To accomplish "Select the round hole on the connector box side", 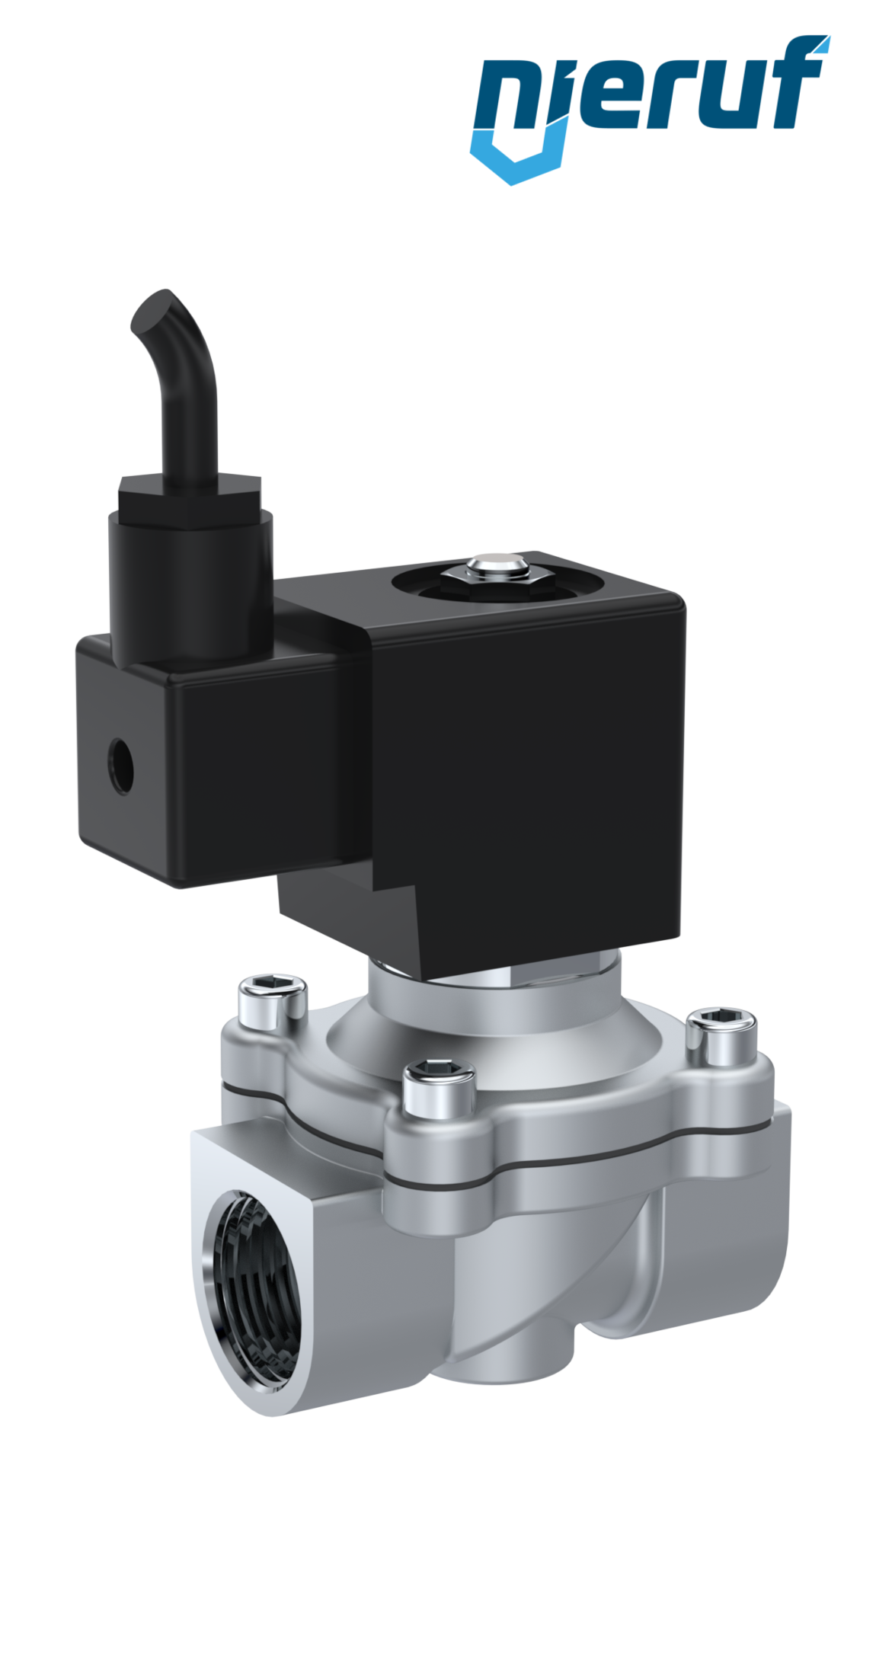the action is [x=120, y=766].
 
